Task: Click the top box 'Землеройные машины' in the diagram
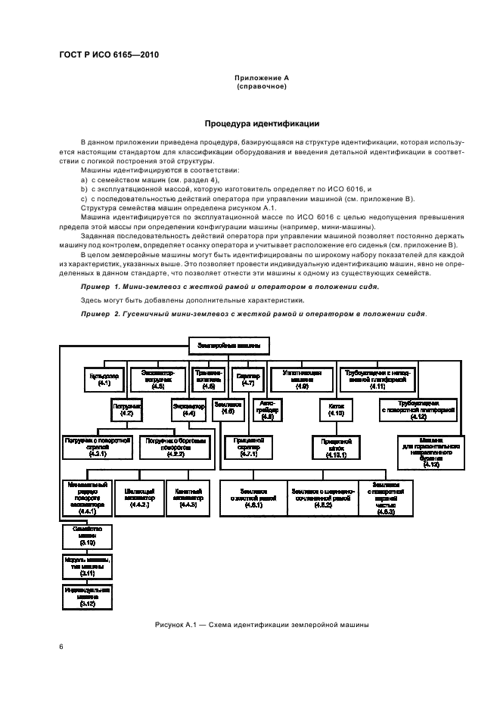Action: (228, 346)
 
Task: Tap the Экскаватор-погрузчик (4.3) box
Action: (158, 379)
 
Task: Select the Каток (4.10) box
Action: (337, 409)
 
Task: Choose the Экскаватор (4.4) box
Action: (189, 409)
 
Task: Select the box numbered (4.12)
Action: (418, 409)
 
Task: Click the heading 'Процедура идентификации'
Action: (262, 123)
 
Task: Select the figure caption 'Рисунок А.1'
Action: (261, 625)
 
